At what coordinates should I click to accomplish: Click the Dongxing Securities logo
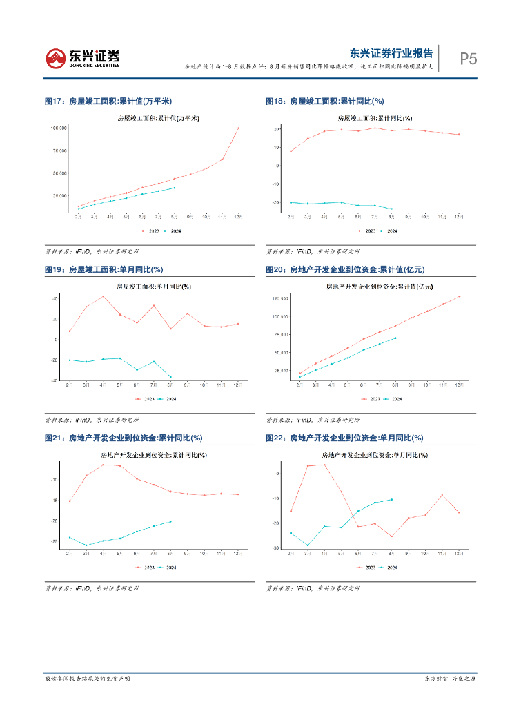click(x=82, y=58)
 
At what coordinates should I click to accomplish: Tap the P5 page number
click(x=469, y=59)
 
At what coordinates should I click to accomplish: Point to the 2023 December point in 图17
click(x=238, y=128)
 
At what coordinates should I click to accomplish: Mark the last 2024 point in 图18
click(x=392, y=209)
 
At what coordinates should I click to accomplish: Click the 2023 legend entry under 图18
click(x=367, y=231)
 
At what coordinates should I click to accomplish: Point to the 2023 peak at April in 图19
click(x=103, y=296)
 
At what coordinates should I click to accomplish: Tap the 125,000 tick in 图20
click(x=279, y=298)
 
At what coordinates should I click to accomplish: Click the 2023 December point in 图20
click(x=459, y=296)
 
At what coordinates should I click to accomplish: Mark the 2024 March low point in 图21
click(x=86, y=545)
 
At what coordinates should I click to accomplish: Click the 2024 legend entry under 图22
click(x=390, y=568)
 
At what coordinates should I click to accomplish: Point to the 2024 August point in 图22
click(x=391, y=499)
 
